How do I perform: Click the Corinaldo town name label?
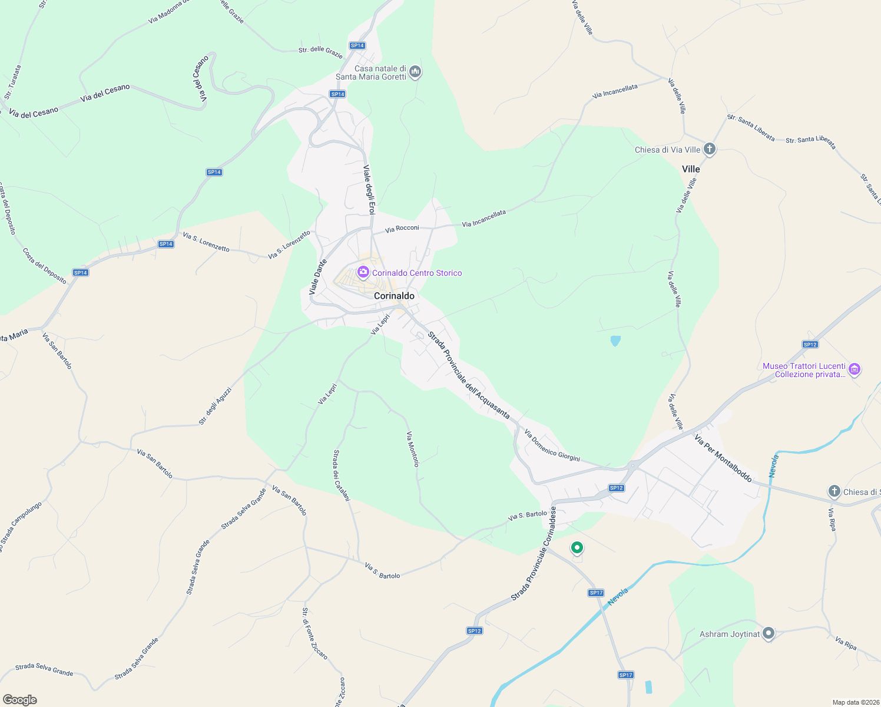pos(394,296)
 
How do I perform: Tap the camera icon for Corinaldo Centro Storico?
pos(363,272)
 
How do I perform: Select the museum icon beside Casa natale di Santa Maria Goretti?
pos(415,72)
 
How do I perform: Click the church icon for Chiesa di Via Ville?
pos(710,149)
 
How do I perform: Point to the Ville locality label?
pos(691,169)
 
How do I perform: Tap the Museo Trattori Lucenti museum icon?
pos(854,370)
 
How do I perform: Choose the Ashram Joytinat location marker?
pos(768,634)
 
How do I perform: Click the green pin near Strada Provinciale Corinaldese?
pos(577,548)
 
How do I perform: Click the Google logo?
pos(19,700)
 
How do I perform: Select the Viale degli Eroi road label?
pos(369,190)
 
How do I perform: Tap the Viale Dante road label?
pos(318,277)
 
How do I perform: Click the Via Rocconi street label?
pos(402,228)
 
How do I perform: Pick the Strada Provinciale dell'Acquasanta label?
pos(469,375)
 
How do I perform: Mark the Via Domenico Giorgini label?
pos(552,445)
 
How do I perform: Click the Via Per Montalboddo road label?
pos(723,458)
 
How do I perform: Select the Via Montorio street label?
pos(413,449)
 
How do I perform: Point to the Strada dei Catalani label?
pos(342,475)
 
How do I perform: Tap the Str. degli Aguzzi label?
pos(215,407)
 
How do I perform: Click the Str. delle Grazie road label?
pos(320,52)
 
